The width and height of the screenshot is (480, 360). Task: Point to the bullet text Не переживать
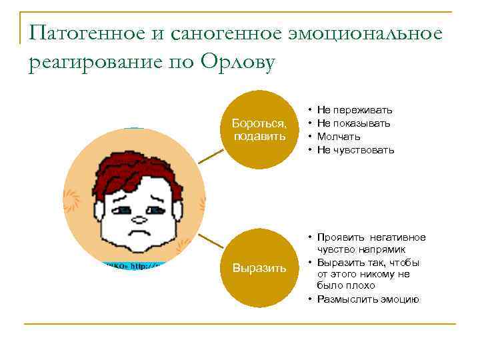pyautogui.click(x=355, y=109)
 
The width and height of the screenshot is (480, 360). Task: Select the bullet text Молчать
pyautogui.click(x=339, y=136)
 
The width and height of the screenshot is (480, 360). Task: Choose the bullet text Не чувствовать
pyautogui.click(x=355, y=149)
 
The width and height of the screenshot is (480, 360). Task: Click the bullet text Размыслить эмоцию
pyautogui.click(x=367, y=299)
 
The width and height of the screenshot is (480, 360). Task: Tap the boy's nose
pyautogui.click(x=139, y=217)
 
